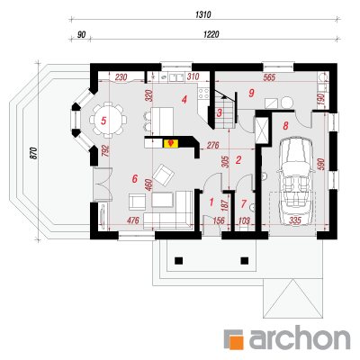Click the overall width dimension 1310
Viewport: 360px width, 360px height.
tap(203, 14)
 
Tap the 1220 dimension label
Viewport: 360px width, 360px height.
tap(211, 34)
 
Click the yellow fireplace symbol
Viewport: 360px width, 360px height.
tap(171, 143)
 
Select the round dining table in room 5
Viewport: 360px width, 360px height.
tap(108, 120)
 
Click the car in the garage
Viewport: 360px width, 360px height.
tap(296, 181)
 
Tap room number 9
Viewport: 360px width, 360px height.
tap(251, 93)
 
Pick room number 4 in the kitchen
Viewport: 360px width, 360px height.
tap(184, 99)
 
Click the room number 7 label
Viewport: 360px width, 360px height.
tap(243, 204)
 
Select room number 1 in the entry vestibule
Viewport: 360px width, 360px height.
tap(211, 202)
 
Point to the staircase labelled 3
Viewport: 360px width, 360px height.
tap(224, 110)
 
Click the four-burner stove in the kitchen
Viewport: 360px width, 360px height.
tap(203, 94)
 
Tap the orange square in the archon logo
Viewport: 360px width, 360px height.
tap(237, 343)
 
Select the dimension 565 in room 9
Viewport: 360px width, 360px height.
tap(269, 77)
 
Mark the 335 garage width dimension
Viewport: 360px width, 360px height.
tap(295, 220)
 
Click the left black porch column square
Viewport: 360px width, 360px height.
tap(178, 260)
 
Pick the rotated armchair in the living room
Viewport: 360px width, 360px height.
tap(164, 175)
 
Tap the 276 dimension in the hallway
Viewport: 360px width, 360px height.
tap(213, 145)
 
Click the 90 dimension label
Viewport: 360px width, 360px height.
tap(81, 35)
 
